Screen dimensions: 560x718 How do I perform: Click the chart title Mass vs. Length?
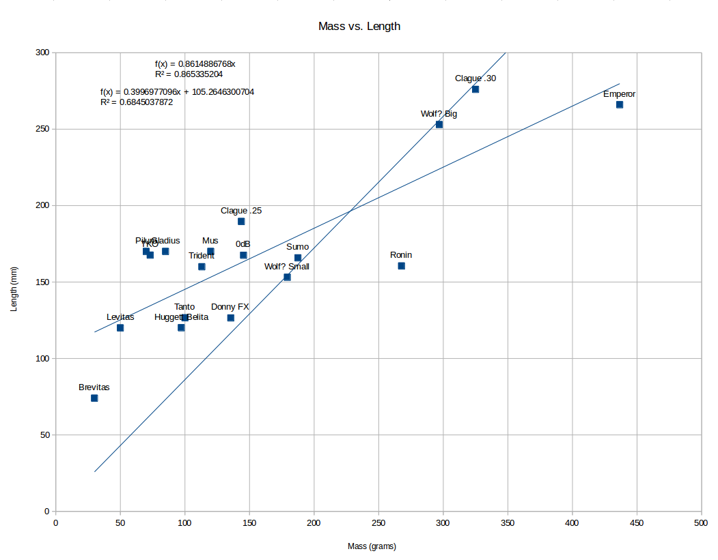[x=359, y=27]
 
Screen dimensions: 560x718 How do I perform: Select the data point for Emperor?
[x=620, y=104]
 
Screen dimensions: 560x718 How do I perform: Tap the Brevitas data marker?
[x=94, y=398]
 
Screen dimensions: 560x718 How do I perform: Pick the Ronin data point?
[x=401, y=266]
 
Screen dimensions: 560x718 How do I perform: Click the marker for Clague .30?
[x=475, y=89]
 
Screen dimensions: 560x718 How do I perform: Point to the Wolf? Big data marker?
[x=439, y=124]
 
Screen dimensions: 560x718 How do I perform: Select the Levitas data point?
[x=120, y=327]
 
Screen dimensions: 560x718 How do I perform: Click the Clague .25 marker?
[x=241, y=221]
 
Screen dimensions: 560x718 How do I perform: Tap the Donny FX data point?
[x=231, y=318]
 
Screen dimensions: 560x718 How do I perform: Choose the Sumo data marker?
[x=298, y=258]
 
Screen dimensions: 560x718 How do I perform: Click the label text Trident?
[x=202, y=256]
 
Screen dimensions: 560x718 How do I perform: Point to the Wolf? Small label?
[x=287, y=267]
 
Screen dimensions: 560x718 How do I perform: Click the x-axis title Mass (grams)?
[x=372, y=546]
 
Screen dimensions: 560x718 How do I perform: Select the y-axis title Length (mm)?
[x=14, y=282]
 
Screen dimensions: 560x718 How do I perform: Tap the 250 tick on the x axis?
[x=378, y=523]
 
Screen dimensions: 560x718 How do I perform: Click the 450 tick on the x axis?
[x=637, y=523]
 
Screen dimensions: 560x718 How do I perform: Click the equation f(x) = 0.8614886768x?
[x=195, y=64]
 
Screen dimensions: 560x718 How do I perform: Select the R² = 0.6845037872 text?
[x=137, y=102]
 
